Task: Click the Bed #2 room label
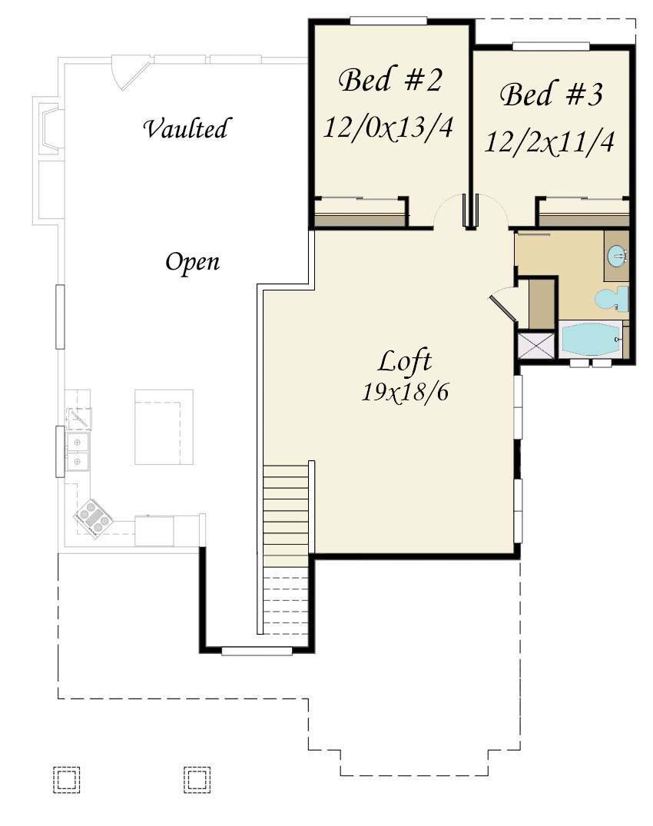tap(389, 81)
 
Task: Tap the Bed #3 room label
tap(551, 95)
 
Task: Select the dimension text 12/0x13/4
tap(388, 127)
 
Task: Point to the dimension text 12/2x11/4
tap(549, 141)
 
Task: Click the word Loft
tap(404, 361)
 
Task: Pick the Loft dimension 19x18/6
tap(404, 392)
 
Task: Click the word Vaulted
tap(186, 128)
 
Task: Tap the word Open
tap(192, 262)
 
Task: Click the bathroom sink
tap(617, 257)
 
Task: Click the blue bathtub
tap(591, 340)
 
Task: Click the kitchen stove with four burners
tap(93, 519)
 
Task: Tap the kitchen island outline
tap(164, 427)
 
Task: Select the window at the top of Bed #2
tap(388, 21)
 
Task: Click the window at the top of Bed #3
tap(551, 46)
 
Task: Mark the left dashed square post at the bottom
tap(66, 779)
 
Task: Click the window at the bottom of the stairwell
tap(257, 651)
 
